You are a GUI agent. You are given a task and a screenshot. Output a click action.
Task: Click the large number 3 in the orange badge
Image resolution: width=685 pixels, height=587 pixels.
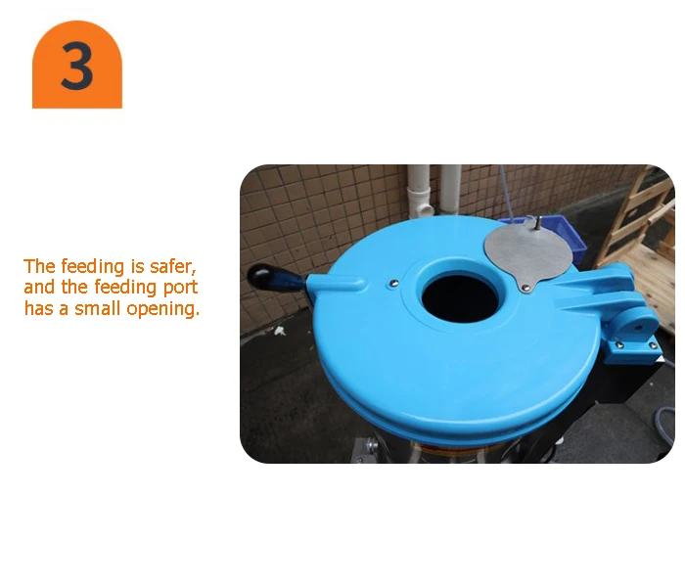click(x=77, y=67)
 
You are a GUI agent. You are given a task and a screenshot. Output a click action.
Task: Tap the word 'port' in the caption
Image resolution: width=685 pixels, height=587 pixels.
click(x=179, y=288)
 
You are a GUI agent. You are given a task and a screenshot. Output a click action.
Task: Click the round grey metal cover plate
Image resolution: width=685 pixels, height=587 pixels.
click(x=529, y=248)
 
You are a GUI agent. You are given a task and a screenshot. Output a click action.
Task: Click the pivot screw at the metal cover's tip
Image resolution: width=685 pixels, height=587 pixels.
click(x=525, y=286)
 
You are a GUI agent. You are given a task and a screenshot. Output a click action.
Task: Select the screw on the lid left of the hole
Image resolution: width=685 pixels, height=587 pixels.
click(x=392, y=284)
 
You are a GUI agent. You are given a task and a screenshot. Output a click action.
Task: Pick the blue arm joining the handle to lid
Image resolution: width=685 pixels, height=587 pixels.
click(x=333, y=286)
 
